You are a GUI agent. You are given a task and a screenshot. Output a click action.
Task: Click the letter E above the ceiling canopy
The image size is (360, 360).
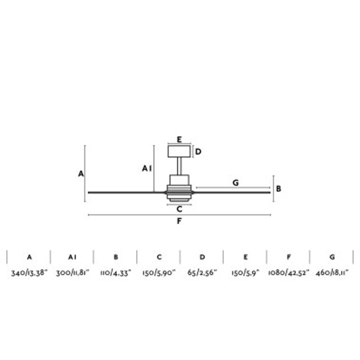(x=179, y=139)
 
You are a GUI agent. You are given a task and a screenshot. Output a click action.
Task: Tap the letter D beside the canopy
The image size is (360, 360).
(x=198, y=152)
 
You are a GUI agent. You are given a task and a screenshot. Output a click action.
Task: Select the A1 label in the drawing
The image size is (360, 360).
(x=147, y=169)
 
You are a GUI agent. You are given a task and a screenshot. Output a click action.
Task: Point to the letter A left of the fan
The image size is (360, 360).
(x=81, y=174)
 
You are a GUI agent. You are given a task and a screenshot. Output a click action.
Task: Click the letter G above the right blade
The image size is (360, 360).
(x=236, y=183)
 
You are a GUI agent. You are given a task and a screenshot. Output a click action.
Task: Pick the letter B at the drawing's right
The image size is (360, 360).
(x=278, y=189)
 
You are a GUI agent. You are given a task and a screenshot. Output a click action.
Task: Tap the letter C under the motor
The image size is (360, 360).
(x=179, y=209)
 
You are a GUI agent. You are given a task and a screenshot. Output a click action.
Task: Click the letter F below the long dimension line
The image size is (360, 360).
(x=179, y=221)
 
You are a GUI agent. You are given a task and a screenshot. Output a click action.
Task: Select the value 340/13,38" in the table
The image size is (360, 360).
(x=29, y=273)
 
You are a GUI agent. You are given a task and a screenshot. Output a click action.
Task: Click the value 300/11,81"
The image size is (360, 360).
(x=72, y=273)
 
